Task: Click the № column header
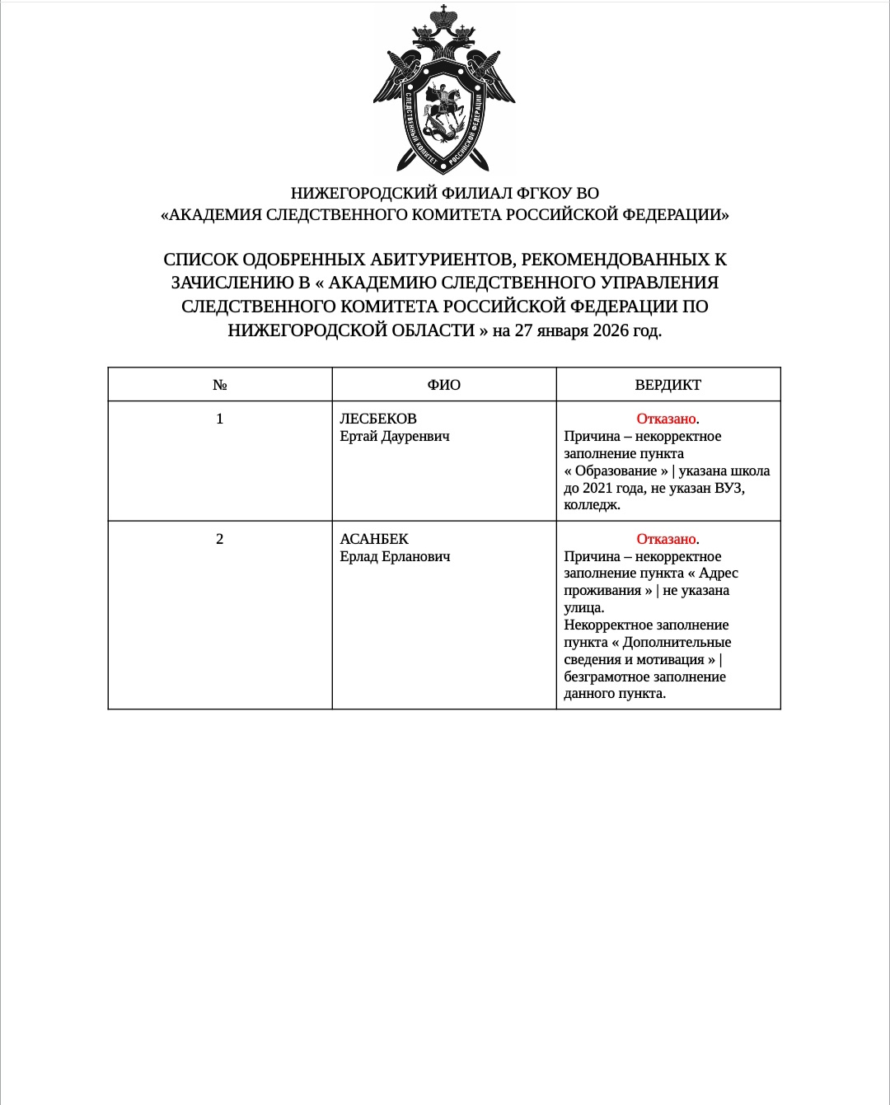[x=220, y=385]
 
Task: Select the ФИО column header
[x=444, y=385]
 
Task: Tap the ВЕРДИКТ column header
[x=668, y=385]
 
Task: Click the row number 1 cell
[x=220, y=419]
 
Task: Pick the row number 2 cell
[x=220, y=539]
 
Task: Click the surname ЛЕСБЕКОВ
[x=378, y=419]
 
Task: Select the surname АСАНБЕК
[x=374, y=539]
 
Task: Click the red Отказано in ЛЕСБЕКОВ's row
[x=666, y=419]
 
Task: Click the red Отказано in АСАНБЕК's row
[x=666, y=539]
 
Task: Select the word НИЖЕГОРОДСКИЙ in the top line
[x=363, y=193]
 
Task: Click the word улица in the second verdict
[x=583, y=608]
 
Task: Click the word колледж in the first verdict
[x=590, y=505]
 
